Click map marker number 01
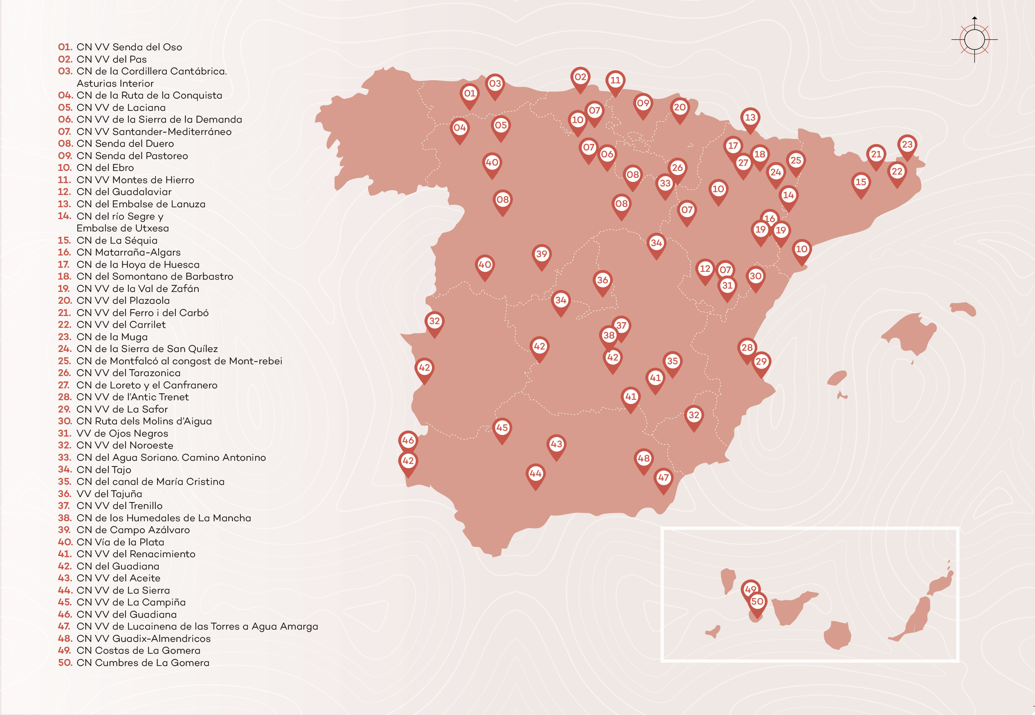point(469,94)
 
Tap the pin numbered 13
point(750,118)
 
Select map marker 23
point(907,145)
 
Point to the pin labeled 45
point(502,428)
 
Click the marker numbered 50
point(757,602)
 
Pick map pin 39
point(541,254)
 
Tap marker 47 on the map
point(663,478)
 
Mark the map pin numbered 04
point(459,128)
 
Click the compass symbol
point(974,40)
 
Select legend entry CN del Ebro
point(105,168)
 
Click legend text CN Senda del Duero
point(125,144)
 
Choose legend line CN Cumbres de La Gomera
point(142,663)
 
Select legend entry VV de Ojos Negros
point(122,434)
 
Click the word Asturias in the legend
point(94,84)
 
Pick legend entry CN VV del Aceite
point(118,578)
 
